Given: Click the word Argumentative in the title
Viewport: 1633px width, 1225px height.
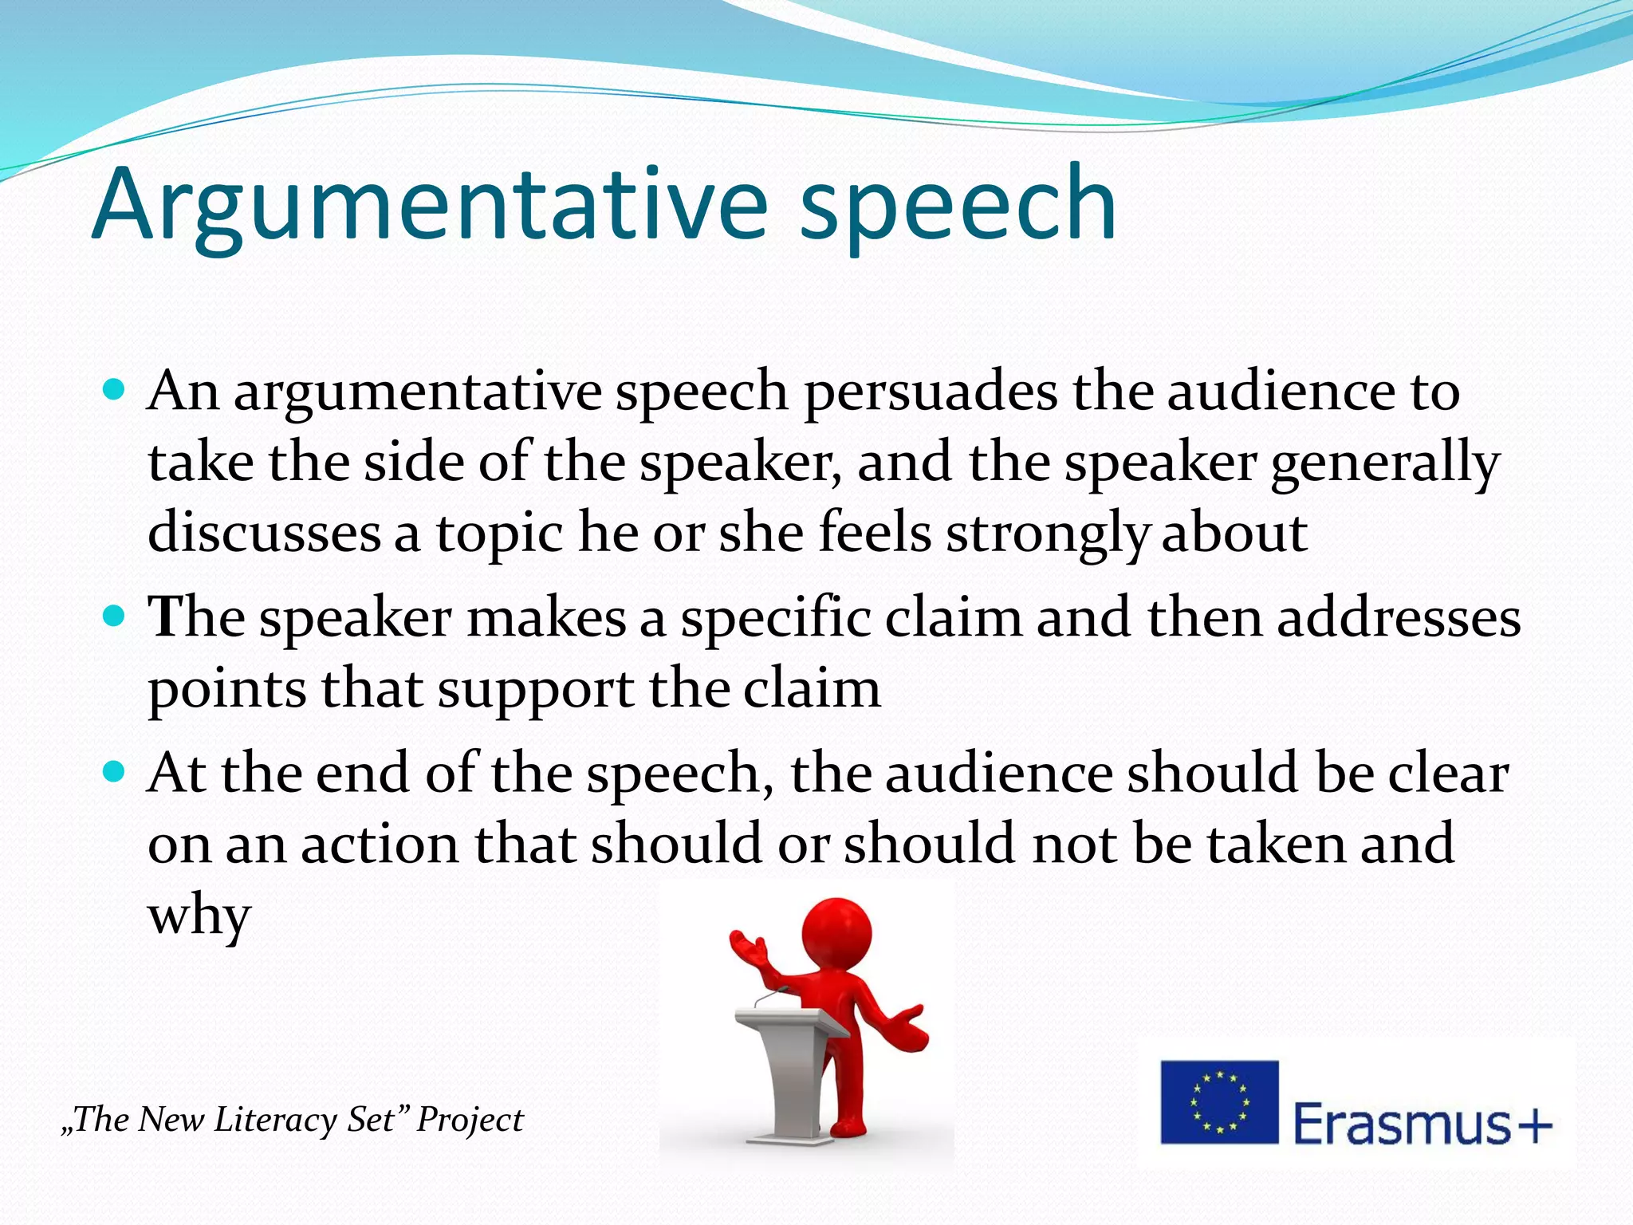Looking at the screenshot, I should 431,206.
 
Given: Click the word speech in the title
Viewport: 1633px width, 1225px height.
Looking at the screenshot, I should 957,206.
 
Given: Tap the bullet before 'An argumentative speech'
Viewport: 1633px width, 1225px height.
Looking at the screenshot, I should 115,390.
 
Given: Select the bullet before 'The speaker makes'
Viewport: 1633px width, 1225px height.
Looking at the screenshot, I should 115,616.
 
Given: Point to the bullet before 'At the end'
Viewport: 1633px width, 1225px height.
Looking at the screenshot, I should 115,771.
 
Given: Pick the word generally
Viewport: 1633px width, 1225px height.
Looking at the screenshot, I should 1385,464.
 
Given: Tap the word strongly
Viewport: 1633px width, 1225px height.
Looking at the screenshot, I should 1047,534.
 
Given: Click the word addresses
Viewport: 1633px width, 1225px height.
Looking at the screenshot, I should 1399,618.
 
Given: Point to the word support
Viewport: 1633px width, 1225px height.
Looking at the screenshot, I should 536,689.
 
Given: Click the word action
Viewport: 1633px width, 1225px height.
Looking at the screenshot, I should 380,844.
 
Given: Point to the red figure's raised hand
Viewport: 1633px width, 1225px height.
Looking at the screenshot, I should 746,949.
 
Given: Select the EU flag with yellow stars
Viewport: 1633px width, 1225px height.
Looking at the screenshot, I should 1219,1101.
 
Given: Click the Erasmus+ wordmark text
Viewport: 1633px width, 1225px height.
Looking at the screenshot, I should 1422,1123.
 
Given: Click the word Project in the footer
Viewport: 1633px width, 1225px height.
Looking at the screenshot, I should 470,1120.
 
